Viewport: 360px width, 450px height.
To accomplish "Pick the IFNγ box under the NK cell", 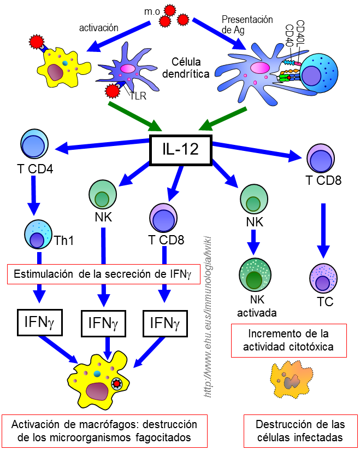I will coord(103,324).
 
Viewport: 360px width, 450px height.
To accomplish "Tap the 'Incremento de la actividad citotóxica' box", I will coord(289,340).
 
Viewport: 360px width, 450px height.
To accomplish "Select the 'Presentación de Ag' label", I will coord(247,25).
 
